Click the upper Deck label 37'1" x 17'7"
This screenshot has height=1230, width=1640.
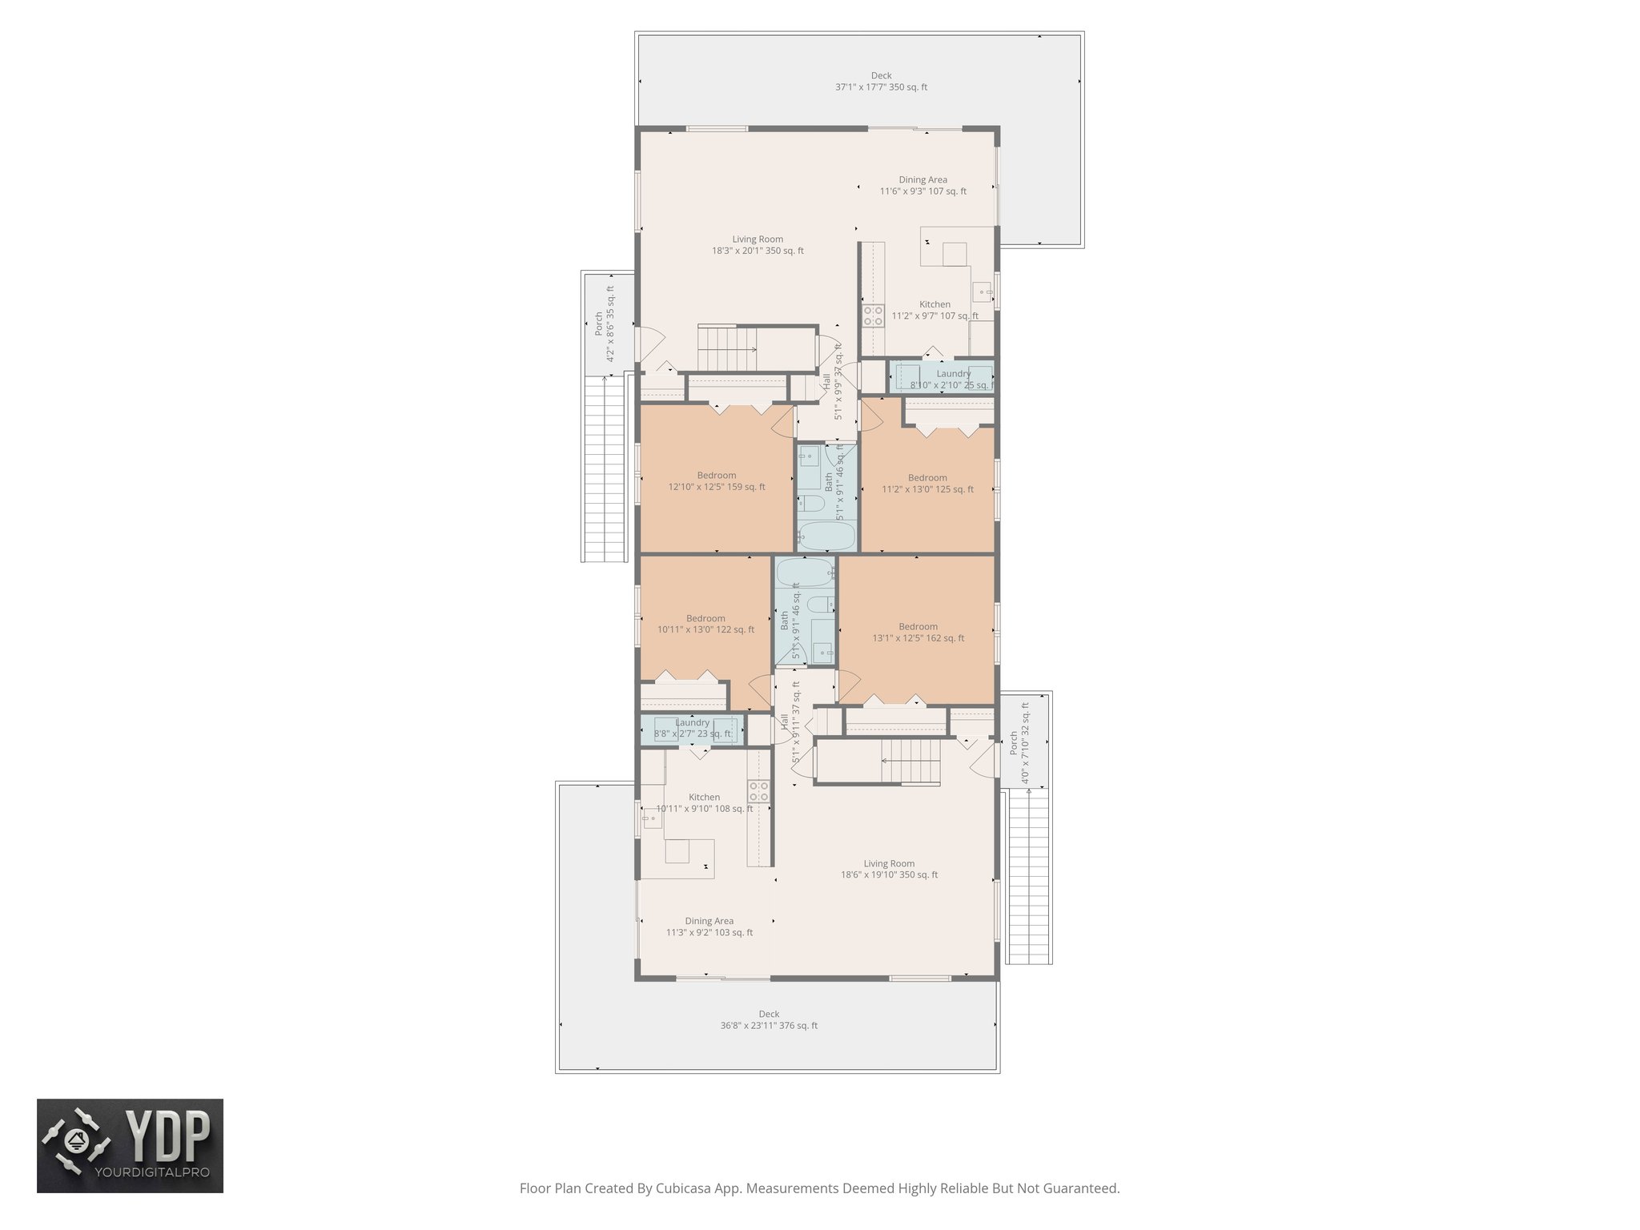click(x=881, y=82)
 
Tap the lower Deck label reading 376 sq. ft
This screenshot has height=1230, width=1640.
click(x=769, y=1019)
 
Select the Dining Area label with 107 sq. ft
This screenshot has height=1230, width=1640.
click(x=922, y=185)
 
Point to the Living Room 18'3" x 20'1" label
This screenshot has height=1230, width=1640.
click(x=758, y=244)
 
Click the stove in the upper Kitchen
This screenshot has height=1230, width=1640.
click(x=872, y=315)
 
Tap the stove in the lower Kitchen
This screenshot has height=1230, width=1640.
click(x=758, y=792)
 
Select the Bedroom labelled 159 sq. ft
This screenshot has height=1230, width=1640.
click(x=716, y=480)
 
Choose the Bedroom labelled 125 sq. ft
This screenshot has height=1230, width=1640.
click(x=927, y=483)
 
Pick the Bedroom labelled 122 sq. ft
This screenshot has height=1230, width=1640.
click(x=705, y=624)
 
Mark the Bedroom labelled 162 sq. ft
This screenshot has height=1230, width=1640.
click(x=918, y=632)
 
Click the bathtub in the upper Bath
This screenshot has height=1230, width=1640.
click(x=827, y=535)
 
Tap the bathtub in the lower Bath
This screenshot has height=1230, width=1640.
click(x=804, y=573)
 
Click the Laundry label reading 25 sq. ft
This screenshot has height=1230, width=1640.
click(x=952, y=379)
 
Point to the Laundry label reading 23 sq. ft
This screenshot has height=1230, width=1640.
click(x=693, y=728)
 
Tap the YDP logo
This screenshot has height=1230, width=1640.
click(x=130, y=1145)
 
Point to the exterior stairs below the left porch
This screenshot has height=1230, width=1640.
click(x=605, y=468)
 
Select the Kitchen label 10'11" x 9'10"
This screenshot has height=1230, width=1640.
click(x=704, y=802)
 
